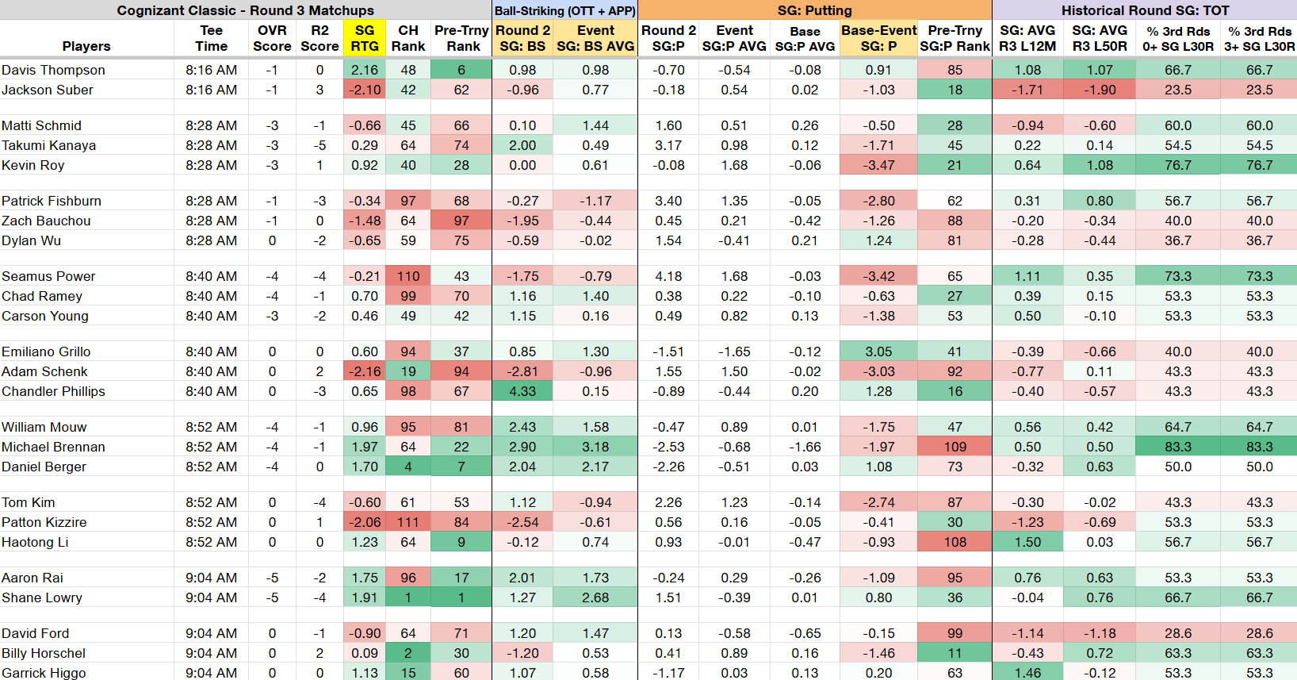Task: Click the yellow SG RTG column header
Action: (364, 38)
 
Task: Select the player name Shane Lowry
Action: (42, 597)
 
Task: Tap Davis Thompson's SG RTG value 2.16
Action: (364, 70)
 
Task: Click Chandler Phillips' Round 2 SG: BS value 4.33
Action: (522, 391)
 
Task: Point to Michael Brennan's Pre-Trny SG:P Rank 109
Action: (955, 447)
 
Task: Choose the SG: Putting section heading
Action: (815, 10)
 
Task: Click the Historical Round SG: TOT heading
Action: (1145, 10)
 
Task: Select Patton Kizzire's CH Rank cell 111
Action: (408, 522)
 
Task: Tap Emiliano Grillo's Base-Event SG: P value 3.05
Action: (878, 352)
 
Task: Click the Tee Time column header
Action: (212, 38)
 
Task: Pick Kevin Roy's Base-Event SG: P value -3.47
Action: (878, 165)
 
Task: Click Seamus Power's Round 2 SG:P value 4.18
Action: (668, 276)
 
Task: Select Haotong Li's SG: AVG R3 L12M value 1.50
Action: (1027, 542)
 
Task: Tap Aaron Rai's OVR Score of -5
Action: (272, 578)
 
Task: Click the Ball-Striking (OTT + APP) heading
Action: (565, 10)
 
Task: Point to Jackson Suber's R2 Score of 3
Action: (319, 90)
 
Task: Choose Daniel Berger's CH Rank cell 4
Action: (408, 467)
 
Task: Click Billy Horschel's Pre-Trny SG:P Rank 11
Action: (955, 653)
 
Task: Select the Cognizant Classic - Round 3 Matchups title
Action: (246, 10)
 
